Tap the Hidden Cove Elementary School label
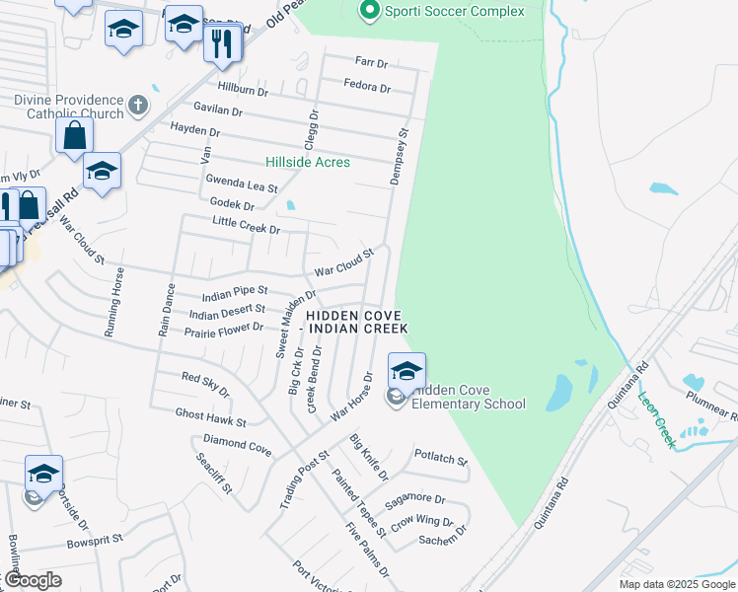(468, 397)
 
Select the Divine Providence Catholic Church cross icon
(139, 103)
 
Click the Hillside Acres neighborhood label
(308, 162)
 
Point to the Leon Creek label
(656, 419)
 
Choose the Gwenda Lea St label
(242, 183)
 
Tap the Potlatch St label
(441, 459)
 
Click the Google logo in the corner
(32, 580)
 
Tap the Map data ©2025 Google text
(676, 584)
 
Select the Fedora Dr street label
(367, 87)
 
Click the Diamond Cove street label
(237, 446)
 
